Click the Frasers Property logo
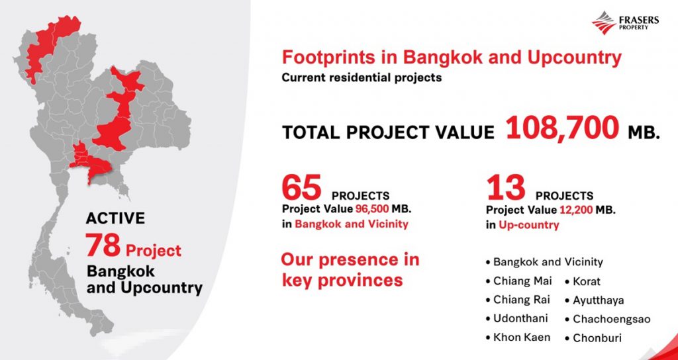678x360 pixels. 625,22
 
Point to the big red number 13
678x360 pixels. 506,187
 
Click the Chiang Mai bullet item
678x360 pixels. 519,281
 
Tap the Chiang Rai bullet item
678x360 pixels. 518,300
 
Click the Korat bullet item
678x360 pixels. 583,281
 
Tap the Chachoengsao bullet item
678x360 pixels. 608,319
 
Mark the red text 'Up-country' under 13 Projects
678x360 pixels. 528,225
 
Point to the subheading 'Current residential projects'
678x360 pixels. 362,78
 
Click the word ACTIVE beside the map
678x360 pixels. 115,218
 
